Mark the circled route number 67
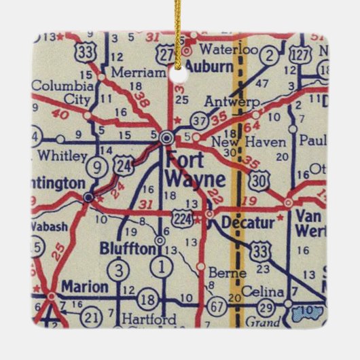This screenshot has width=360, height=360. pyautogui.click(x=217, y=304)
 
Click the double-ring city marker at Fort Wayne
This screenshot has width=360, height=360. pyautogui.click(x=166, y=137)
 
